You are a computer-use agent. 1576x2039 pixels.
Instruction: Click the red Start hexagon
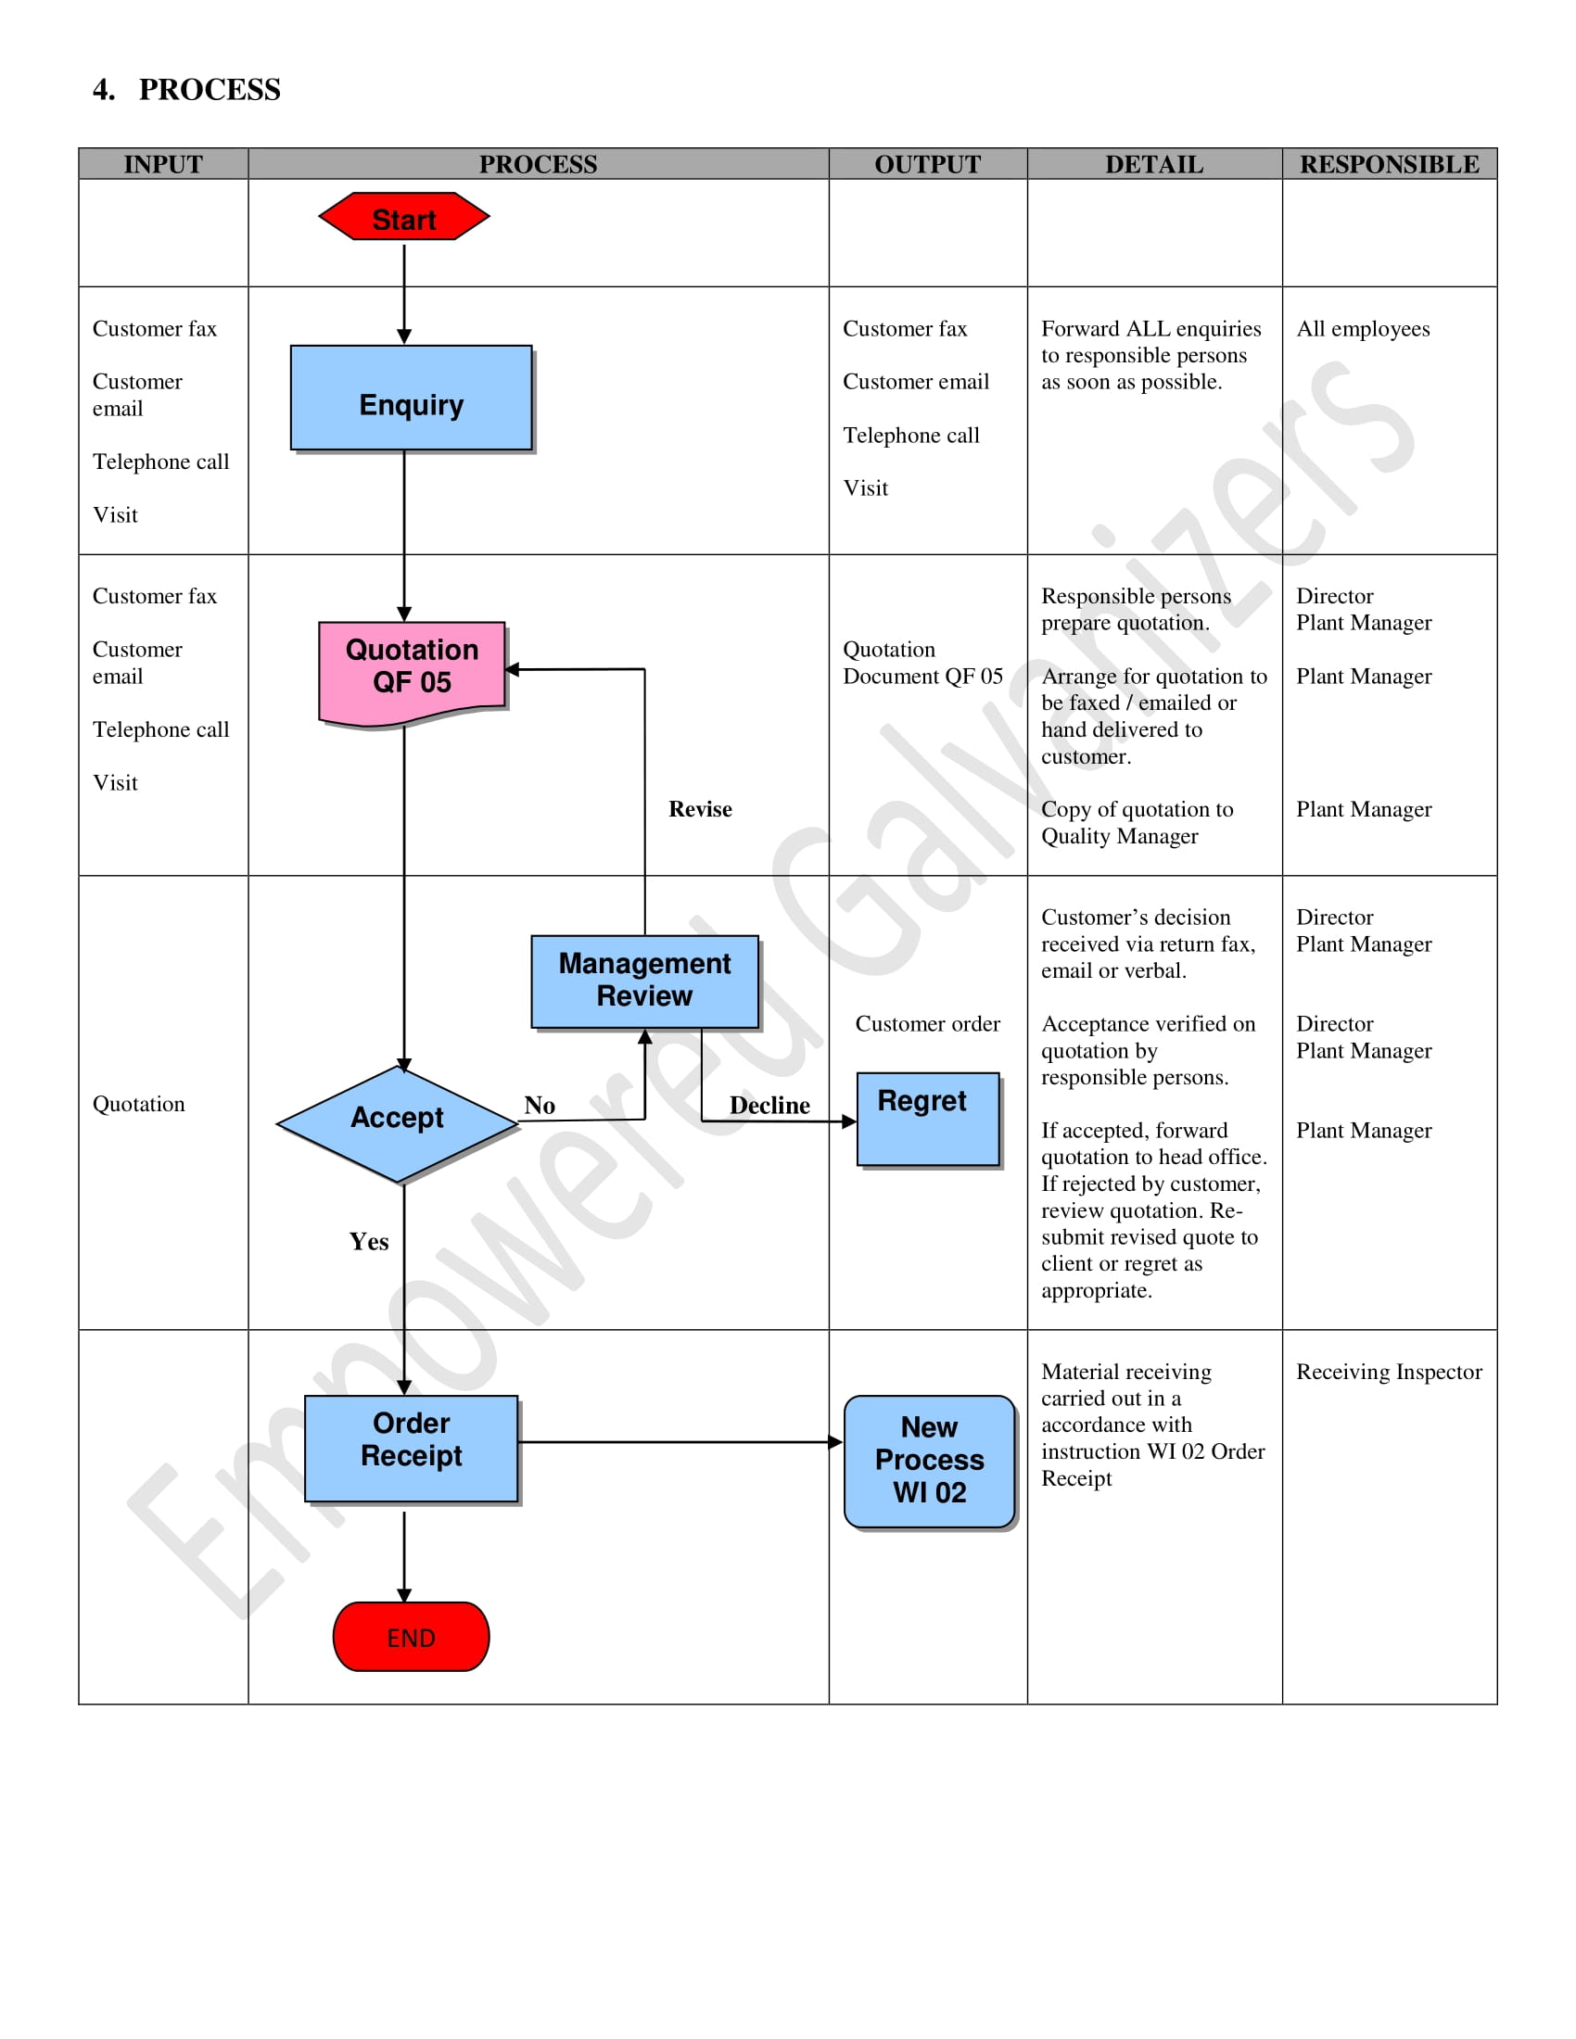(403, 217)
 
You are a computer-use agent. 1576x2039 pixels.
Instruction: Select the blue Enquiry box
(411, 399)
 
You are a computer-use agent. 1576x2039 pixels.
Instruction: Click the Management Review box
(644, 981)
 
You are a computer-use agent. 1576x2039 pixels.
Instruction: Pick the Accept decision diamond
(397, 1121)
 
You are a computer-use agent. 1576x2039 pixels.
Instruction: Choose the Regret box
(927, 1119)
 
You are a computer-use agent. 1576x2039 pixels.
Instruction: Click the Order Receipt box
(411, 1447)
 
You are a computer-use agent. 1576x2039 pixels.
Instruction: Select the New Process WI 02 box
(929, 1460)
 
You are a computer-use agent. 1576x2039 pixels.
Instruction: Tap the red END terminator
(411, 1637)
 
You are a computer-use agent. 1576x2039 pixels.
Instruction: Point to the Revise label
(699, 809)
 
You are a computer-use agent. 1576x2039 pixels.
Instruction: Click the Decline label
(769, 1106)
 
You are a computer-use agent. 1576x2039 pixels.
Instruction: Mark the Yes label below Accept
(369, 1242)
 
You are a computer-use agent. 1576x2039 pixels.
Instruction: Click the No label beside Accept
(540, 1106)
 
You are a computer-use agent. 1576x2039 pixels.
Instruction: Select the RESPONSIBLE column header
(1389, 164)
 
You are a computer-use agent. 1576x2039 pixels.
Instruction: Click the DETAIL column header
(1154, 164)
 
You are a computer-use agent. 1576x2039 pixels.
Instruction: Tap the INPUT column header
(163, 164)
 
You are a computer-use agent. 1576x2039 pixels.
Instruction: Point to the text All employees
(1362, 329)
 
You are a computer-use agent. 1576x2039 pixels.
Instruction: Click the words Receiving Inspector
(1389, 1372)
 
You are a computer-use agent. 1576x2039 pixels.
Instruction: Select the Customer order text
(927, 1024)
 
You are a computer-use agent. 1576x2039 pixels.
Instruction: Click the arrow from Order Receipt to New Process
(680, 1441)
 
